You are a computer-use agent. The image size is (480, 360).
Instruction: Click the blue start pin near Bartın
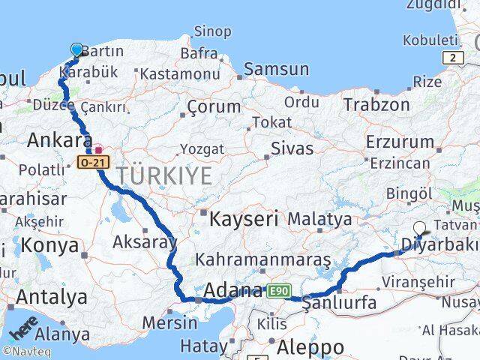click(77, 49)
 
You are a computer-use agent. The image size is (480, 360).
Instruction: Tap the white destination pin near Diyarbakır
click(419, 229)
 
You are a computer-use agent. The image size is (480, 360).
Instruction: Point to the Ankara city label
click(59, 140)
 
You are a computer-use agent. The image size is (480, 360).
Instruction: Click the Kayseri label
click(244, 219)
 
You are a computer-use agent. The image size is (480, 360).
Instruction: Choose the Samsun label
click(276, 70)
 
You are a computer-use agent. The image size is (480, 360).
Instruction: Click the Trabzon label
click(377, 104)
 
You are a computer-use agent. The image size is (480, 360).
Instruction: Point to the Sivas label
click(291, 148)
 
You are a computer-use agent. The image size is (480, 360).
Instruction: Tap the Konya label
click(50, 245)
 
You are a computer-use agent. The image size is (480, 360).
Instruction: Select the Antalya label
click(52, 297)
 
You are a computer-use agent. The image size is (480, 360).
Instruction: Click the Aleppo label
click(310, 347)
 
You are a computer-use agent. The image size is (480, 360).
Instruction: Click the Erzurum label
click(400, 142)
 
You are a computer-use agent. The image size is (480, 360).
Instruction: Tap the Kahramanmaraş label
click(262, 259)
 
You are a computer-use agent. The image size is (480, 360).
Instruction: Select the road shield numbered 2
click(453, 58)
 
